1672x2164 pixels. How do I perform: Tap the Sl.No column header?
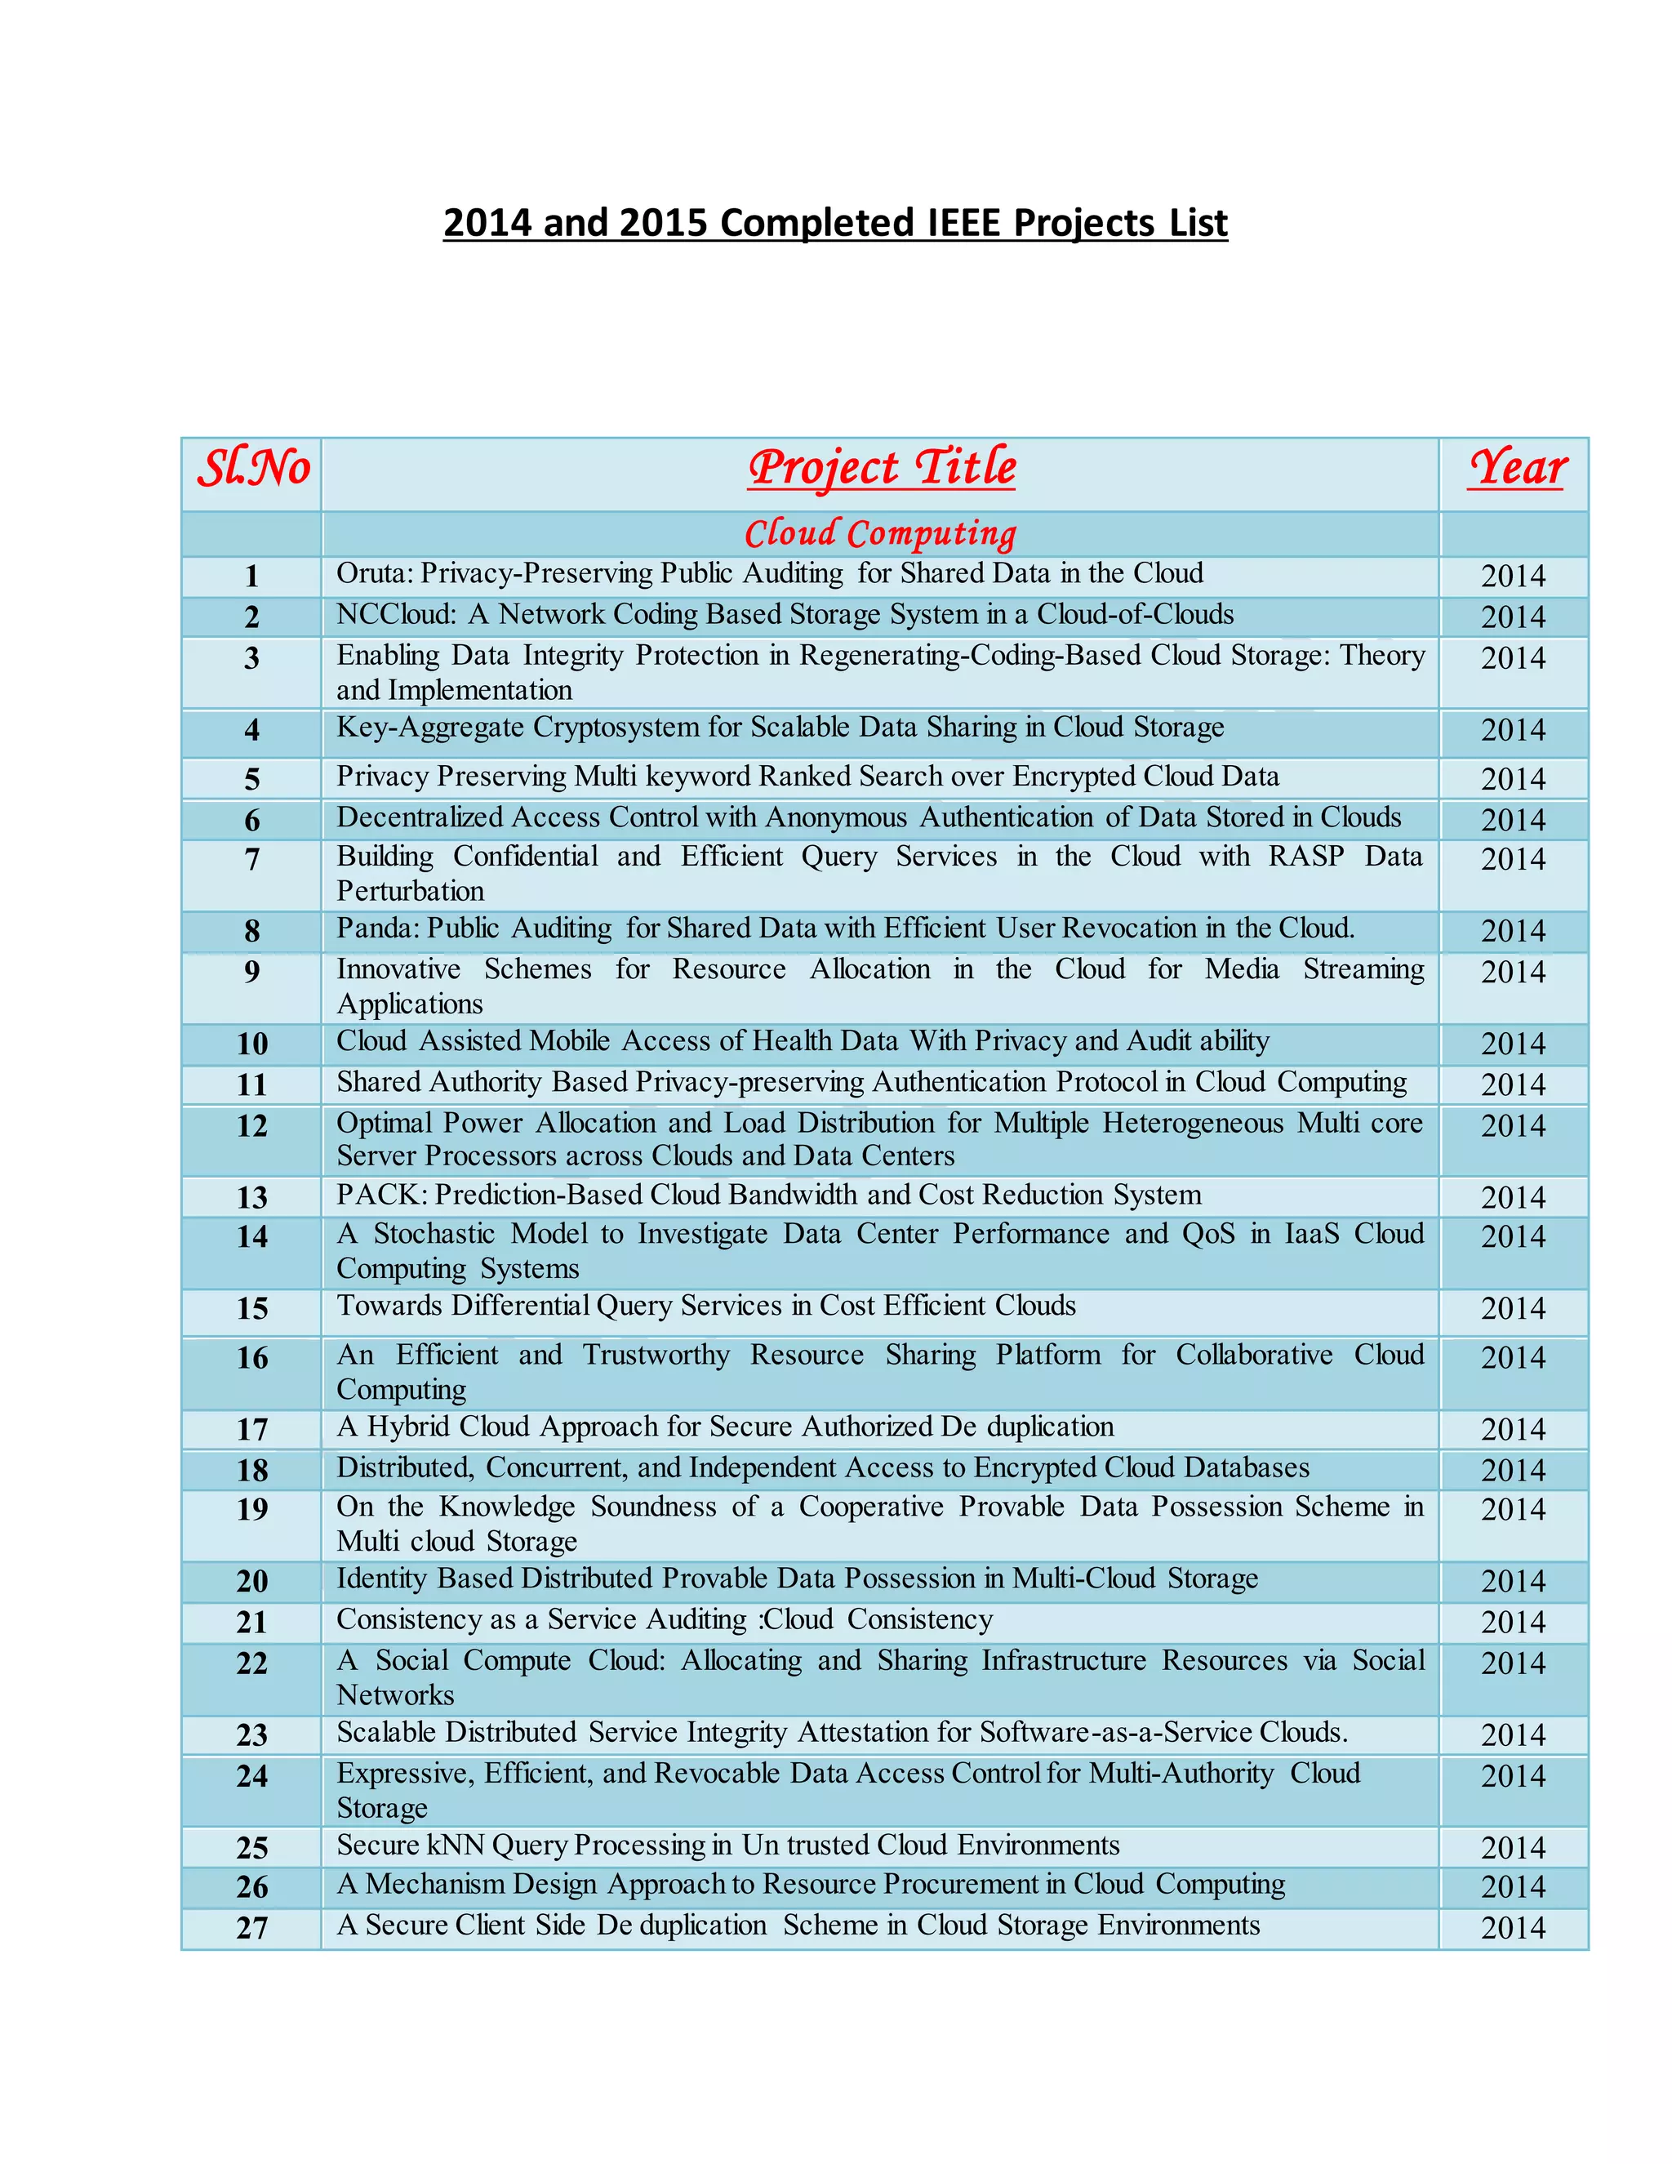click(254, 469)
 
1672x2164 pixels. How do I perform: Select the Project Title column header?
click(882, 469)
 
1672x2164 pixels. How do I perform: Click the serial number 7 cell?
click(251, 859)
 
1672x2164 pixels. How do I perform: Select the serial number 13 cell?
click(251, 1197)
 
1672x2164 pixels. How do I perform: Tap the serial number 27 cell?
click(251, 1927)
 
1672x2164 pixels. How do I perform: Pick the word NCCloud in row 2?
click(395, 614)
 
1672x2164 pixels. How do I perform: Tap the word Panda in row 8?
click(373, 928)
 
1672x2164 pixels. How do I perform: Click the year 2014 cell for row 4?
click(1513, 730)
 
